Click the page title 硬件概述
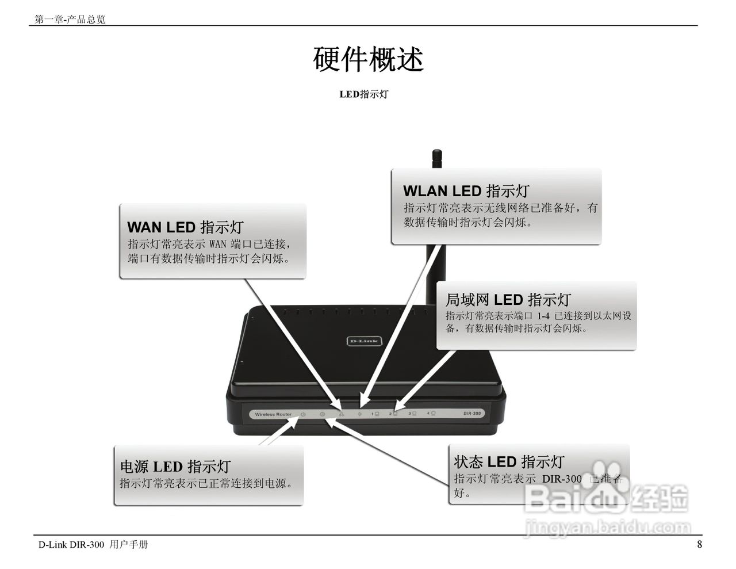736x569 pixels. [x=368, y=59]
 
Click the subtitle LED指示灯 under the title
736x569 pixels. [x=363, y=94]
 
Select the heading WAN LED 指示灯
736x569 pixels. [x=185, y=227]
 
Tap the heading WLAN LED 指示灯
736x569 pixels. [x=466, y=191]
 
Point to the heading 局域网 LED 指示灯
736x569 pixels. [x=508, y=300]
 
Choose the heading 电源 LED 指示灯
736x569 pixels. [x=175, y=467]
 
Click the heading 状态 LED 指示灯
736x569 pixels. [x=509, y=462]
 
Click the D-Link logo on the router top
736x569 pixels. [x=364, y=341]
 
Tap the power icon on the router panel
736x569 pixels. [x=303, y=414]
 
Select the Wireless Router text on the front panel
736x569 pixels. [x=273, y=414]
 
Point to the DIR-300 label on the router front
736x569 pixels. [x=471, y=414]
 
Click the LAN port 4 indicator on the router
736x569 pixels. [x=431, y=414]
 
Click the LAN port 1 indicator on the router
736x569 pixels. [x=375, y=414]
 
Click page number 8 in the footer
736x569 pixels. [x=699, y=544]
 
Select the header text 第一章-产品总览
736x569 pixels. [x=70, y=20]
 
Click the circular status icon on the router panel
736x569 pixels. [x=323, y=414]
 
